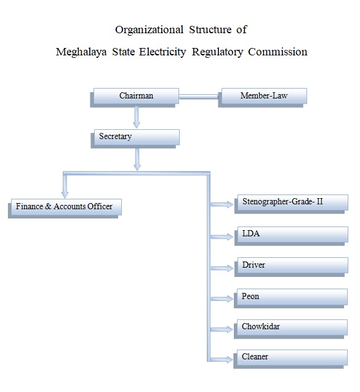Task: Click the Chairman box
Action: pos(135,98)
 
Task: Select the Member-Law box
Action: pos(263,98)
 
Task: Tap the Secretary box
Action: pos(135,138)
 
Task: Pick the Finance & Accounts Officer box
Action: pos(65,209)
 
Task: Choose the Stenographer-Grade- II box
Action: pos(291,204)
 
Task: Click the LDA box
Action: pos(291,236)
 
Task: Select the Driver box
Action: pos(291,267)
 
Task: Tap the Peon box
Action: pos(290,298)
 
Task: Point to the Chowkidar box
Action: pos(290,329)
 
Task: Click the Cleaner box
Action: pos(290,359)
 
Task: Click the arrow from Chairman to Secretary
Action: pos(137,118)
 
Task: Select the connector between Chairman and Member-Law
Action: pos(199,97)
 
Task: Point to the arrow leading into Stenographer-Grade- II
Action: pos(222,204)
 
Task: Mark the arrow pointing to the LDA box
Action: pos(222,236)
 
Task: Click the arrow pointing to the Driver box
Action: pos(222,268)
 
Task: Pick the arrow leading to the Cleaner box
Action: pos(222,359)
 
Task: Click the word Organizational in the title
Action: pos(150,30)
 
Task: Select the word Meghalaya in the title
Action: pos(81,52)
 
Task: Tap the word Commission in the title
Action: pos(278,52)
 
